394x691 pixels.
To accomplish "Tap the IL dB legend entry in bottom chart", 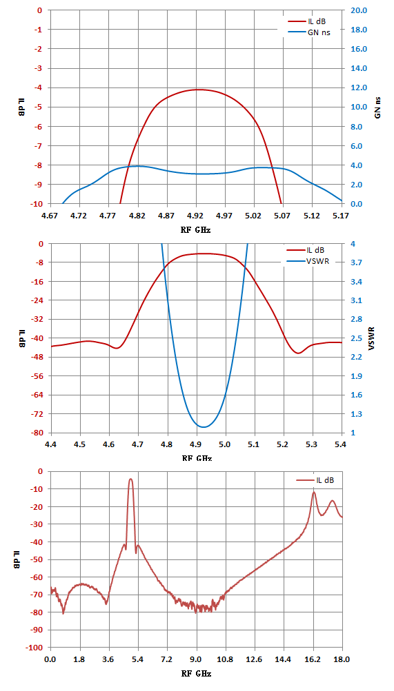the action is (315, 480).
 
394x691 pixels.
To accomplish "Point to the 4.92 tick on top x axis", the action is (196, 216).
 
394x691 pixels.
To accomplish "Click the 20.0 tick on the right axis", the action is (356, 10).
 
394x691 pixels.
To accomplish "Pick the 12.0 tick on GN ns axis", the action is (356, 87).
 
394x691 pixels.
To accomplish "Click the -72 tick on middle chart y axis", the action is (37, 414).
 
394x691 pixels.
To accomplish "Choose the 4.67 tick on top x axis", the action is (51, 216).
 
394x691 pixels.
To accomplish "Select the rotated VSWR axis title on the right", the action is (371, 338).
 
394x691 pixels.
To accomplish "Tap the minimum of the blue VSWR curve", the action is (203, 426).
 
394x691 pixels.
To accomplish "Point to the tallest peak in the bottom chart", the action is (130, 479).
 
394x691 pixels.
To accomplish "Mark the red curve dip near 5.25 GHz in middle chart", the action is (299, 353).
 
